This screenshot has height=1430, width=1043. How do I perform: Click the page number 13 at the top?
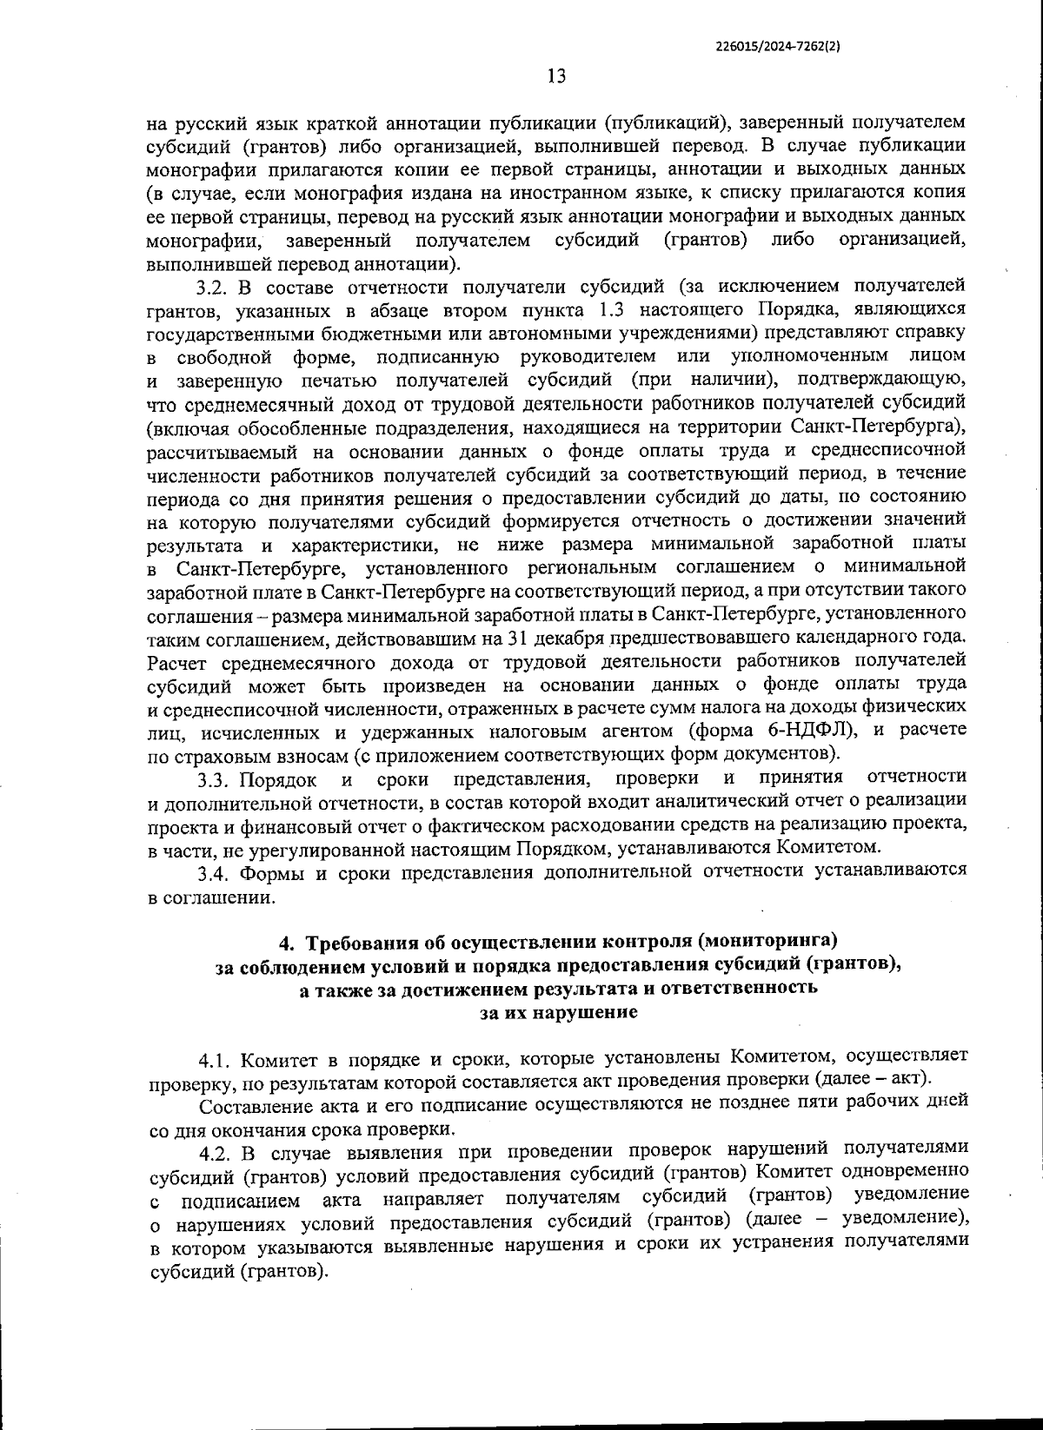[x=556, y=76]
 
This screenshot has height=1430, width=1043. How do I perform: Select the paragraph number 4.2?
[x=214, y=1154]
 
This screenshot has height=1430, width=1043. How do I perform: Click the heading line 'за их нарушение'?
[x=558, y=1012]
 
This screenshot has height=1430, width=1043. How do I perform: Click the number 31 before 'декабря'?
[x=564, y=638]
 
